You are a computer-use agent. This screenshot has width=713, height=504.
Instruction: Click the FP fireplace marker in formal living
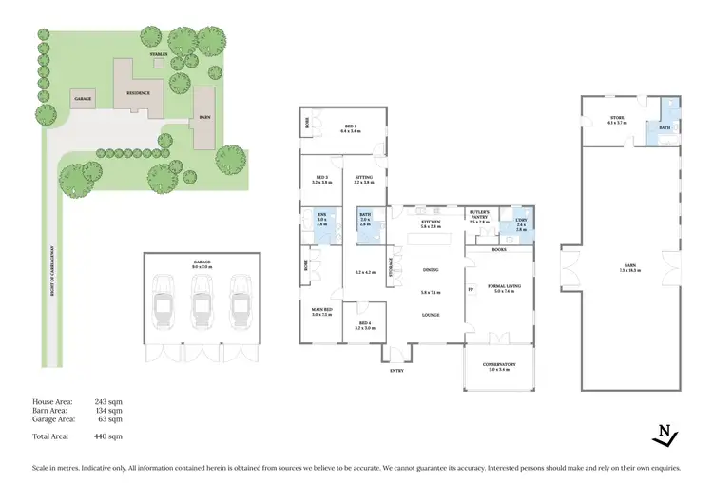click(471, 289)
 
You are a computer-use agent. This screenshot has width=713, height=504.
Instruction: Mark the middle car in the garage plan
click(201, 307)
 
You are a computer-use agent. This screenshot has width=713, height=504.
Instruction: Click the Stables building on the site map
click(159, 56)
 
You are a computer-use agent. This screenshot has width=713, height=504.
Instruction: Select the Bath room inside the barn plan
click(665, 126)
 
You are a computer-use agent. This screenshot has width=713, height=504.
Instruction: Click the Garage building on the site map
click(83, 98)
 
